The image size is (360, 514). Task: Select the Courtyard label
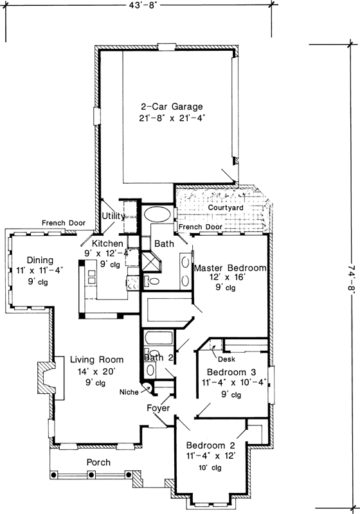click(224, 208)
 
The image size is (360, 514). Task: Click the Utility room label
click(113, 217)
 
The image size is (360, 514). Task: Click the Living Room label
click(97, 360)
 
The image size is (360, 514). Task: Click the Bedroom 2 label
click(212, 446)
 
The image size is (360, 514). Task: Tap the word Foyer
click(158, 407)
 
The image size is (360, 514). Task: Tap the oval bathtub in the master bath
click(157, 214)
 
